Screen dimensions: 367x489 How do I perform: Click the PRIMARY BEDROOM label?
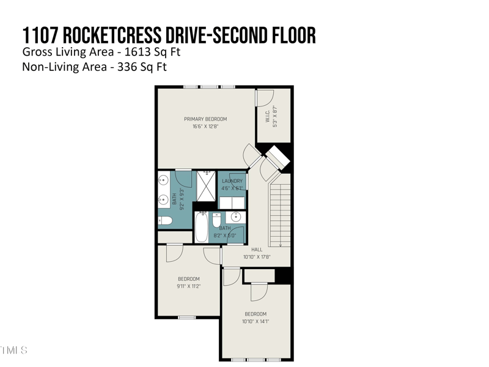pyautogui.click(x=205, y=119)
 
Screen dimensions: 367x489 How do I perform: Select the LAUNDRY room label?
pyautogui.click(x=232, y=181)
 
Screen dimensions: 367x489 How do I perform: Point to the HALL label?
pyautogui.click(x=257, y=250)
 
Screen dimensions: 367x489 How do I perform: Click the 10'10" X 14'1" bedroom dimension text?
pyautogui.click(x=256, y=321)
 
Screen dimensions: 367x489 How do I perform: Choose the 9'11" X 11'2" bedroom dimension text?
pyautogui.click(x=189, y=286)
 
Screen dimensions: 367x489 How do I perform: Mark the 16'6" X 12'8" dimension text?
pyautogui.click(x=205, y=127)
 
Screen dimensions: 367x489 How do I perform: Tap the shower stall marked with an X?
pyautogui.click(x=207, y=186)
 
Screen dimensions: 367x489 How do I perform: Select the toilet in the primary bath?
pyautogui.click(x=164, y=220)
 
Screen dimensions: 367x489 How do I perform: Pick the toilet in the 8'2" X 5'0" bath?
pyautogui.click(x=216, y=220)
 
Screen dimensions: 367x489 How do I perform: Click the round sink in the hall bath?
pyautogui.click(x=236, y=217)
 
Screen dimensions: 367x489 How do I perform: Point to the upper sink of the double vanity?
pyautogui.click(x=163, y=180)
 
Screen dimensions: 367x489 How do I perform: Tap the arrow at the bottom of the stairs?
pyautogui.click(x=280, y=245)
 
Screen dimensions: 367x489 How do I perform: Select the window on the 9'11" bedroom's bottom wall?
pyautogui.click(x=186, y=317)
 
